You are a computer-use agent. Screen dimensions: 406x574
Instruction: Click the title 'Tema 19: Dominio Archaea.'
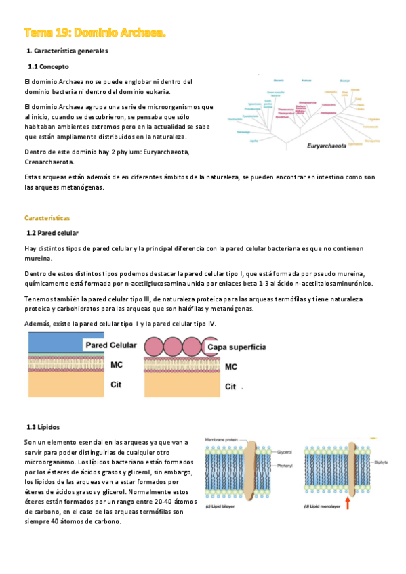tap(94, 32)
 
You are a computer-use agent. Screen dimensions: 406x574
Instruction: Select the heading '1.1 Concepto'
tap(48, 66)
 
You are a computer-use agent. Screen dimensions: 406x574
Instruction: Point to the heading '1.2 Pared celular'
tap(54, 233)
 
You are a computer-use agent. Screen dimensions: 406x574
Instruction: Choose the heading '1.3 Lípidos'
tap(44, 427)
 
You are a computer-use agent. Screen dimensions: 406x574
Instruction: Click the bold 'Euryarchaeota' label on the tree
tap(327, 145)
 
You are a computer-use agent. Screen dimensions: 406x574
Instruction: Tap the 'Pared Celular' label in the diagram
tap(110, 345)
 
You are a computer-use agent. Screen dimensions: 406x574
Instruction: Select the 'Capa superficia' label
tap(237, 347)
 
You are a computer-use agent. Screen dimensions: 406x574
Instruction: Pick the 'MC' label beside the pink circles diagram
tap(231, 367)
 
